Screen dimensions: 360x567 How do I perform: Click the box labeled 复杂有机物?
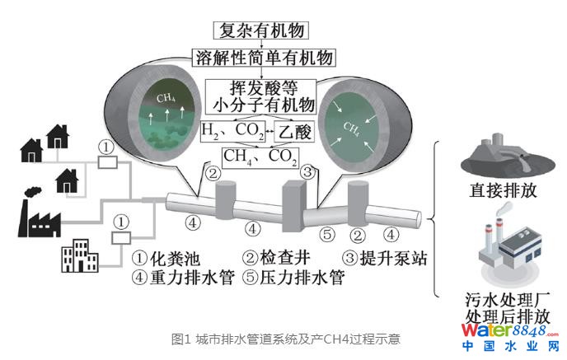coord(260,31)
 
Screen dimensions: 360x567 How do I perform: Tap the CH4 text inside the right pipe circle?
coord(351,129)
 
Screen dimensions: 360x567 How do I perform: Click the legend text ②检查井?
coord(275,259)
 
